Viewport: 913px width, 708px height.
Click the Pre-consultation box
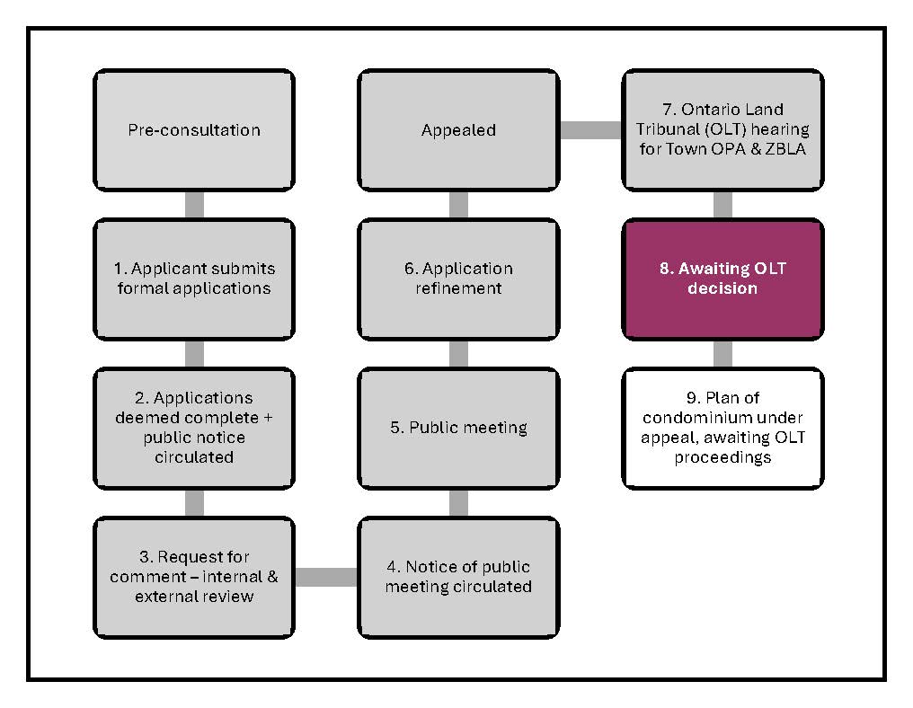click(194, 130)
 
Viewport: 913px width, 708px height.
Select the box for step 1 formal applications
click(194, 279)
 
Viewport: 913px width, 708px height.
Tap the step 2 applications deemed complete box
click(194, 428)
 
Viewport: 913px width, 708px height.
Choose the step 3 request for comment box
click(194, 577)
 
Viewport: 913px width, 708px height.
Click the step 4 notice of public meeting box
click(458, 577)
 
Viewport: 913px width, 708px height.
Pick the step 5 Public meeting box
click(458, 428)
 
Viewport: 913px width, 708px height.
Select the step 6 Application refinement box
click(458, 279)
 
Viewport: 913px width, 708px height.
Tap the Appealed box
click(458, 130)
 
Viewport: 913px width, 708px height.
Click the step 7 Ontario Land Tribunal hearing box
click(722, 130)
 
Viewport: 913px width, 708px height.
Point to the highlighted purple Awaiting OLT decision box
click(722, 279)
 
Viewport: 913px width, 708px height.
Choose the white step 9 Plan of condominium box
click(722, 428)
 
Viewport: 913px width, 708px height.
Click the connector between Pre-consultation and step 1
click(194, 205)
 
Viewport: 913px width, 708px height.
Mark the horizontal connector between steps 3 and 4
click(326, 577)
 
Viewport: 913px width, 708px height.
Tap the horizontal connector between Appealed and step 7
click(590, 130)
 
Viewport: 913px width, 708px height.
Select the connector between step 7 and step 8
click(722, 205)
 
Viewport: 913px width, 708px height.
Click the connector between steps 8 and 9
click(722, 353)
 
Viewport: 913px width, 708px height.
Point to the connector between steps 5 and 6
click(458, 353)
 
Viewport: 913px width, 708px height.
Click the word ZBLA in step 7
click(784, 149)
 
